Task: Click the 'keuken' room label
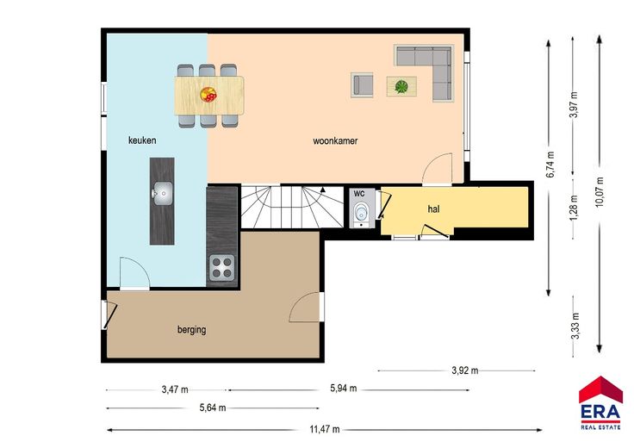pos(142,140)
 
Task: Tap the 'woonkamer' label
pos(335,141)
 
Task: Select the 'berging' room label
pos(191,329)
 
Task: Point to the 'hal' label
pos(433,209)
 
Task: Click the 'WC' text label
pos(359,194)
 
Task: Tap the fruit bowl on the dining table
pos(208,95)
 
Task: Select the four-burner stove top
pos(222,268)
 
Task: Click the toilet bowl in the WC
pos(360,212)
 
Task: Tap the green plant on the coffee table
pos(401,86)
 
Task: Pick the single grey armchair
pos(362,85)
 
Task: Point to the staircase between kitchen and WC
pos(292,207)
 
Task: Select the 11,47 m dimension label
pos(325,429)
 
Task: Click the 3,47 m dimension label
pos(175,389)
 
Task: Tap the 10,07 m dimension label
pos(600,192)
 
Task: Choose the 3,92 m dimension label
pos(464,370)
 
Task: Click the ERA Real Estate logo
pos(600,402)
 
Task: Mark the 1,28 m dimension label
pos(574,208)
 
